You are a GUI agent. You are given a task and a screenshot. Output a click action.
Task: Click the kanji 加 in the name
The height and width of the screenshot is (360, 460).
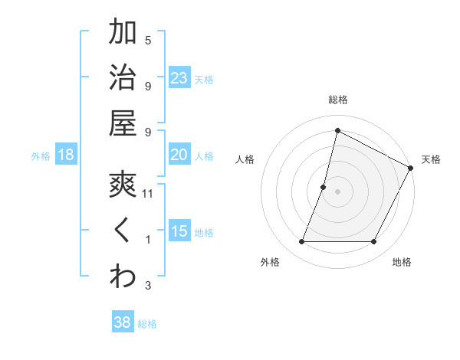click(123, 33)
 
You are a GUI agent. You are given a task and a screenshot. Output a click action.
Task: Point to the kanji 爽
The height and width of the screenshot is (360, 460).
click(123, 185)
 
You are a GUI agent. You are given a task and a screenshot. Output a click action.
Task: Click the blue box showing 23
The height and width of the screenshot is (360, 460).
click(179, 78)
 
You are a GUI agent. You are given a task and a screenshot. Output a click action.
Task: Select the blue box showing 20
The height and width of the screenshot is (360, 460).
click(179, 155)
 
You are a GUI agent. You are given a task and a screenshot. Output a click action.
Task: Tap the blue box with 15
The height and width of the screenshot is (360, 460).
click(179, 231)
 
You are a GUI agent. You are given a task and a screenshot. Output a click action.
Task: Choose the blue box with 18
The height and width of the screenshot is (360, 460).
click(66, 155)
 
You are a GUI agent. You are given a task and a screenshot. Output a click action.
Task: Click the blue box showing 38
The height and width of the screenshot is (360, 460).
click(122, 322)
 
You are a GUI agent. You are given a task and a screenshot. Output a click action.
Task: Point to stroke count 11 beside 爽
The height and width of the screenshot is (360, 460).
click(148, 195)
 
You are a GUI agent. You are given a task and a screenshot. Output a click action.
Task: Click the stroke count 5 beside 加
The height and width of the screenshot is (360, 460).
click(148, 40)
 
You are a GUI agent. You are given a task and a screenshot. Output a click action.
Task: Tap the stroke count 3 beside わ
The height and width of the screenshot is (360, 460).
click(148, 286)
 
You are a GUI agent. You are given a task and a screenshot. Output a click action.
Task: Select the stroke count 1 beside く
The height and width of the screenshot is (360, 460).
click(148, 241)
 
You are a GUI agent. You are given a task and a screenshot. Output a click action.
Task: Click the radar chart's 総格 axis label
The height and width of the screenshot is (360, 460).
click(337, 100)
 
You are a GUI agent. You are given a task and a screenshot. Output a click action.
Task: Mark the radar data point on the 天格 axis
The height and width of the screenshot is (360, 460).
click(411, 169)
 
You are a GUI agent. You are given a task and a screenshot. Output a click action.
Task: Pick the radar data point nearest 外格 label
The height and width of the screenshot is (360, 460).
click(301, 242)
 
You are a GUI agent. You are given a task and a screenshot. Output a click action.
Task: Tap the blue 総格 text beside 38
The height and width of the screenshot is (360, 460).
click(147, 324)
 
